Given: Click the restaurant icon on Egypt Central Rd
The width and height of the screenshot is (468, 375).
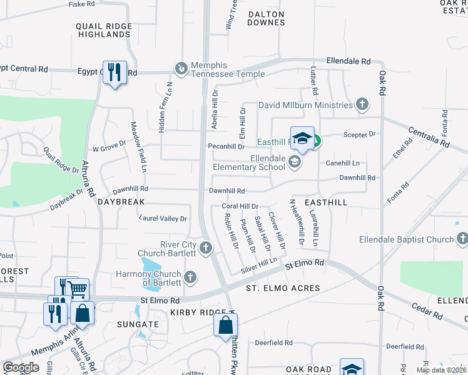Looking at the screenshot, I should [x=114, y=72].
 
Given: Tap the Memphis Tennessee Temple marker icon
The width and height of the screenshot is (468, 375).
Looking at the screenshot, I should [x=181, y=68].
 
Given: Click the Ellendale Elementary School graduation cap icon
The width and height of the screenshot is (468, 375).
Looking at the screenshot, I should [x=294, y=162].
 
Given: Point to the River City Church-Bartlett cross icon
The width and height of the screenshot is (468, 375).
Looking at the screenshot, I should [x=205, y=249].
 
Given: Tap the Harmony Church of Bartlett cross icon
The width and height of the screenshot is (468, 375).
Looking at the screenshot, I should [x=191, y=276].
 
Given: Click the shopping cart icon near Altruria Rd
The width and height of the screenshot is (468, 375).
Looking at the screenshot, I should [x=77, y=289].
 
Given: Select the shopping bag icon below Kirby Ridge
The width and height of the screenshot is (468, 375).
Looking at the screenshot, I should [x=225, y=325].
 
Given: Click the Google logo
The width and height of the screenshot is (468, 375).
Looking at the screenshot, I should [x=21, y=367].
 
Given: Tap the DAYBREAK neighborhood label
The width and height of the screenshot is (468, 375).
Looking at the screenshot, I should [x=121, y=202].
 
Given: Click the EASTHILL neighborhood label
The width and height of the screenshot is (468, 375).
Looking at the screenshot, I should [x=325, y=203].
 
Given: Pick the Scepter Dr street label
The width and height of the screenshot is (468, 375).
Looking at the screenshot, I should [x=359, y=134].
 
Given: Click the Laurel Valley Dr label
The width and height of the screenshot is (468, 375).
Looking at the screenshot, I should [x=163, y=219].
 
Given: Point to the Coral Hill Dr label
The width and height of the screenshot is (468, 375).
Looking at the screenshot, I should [x=240, y=206].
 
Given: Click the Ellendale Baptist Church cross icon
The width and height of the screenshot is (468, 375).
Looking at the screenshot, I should [x=462, y=239].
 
